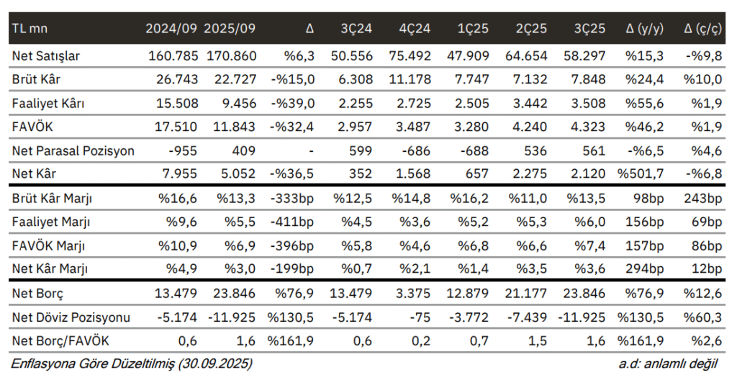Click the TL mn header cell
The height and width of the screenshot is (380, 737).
click(28, 30)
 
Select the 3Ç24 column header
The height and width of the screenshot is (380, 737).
click(356, 30)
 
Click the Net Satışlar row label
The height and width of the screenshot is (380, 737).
click(46, 55)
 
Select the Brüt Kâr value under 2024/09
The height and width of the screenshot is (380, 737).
click(176, 78)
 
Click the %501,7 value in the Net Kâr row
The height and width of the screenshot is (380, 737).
click(643, 173)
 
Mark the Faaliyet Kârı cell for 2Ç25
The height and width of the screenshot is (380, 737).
click(532, 103)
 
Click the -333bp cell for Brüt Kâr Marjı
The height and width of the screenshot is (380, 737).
click(291, 198)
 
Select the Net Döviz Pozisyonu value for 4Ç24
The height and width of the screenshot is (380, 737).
click(422, 317)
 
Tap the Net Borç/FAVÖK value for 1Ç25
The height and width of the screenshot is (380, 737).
click(480, 340)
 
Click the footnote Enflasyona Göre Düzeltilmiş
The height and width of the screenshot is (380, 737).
click(131, 364)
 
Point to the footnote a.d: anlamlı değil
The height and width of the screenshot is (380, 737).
click(670, 364)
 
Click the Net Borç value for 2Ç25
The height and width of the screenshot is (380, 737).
click(531, 293)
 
